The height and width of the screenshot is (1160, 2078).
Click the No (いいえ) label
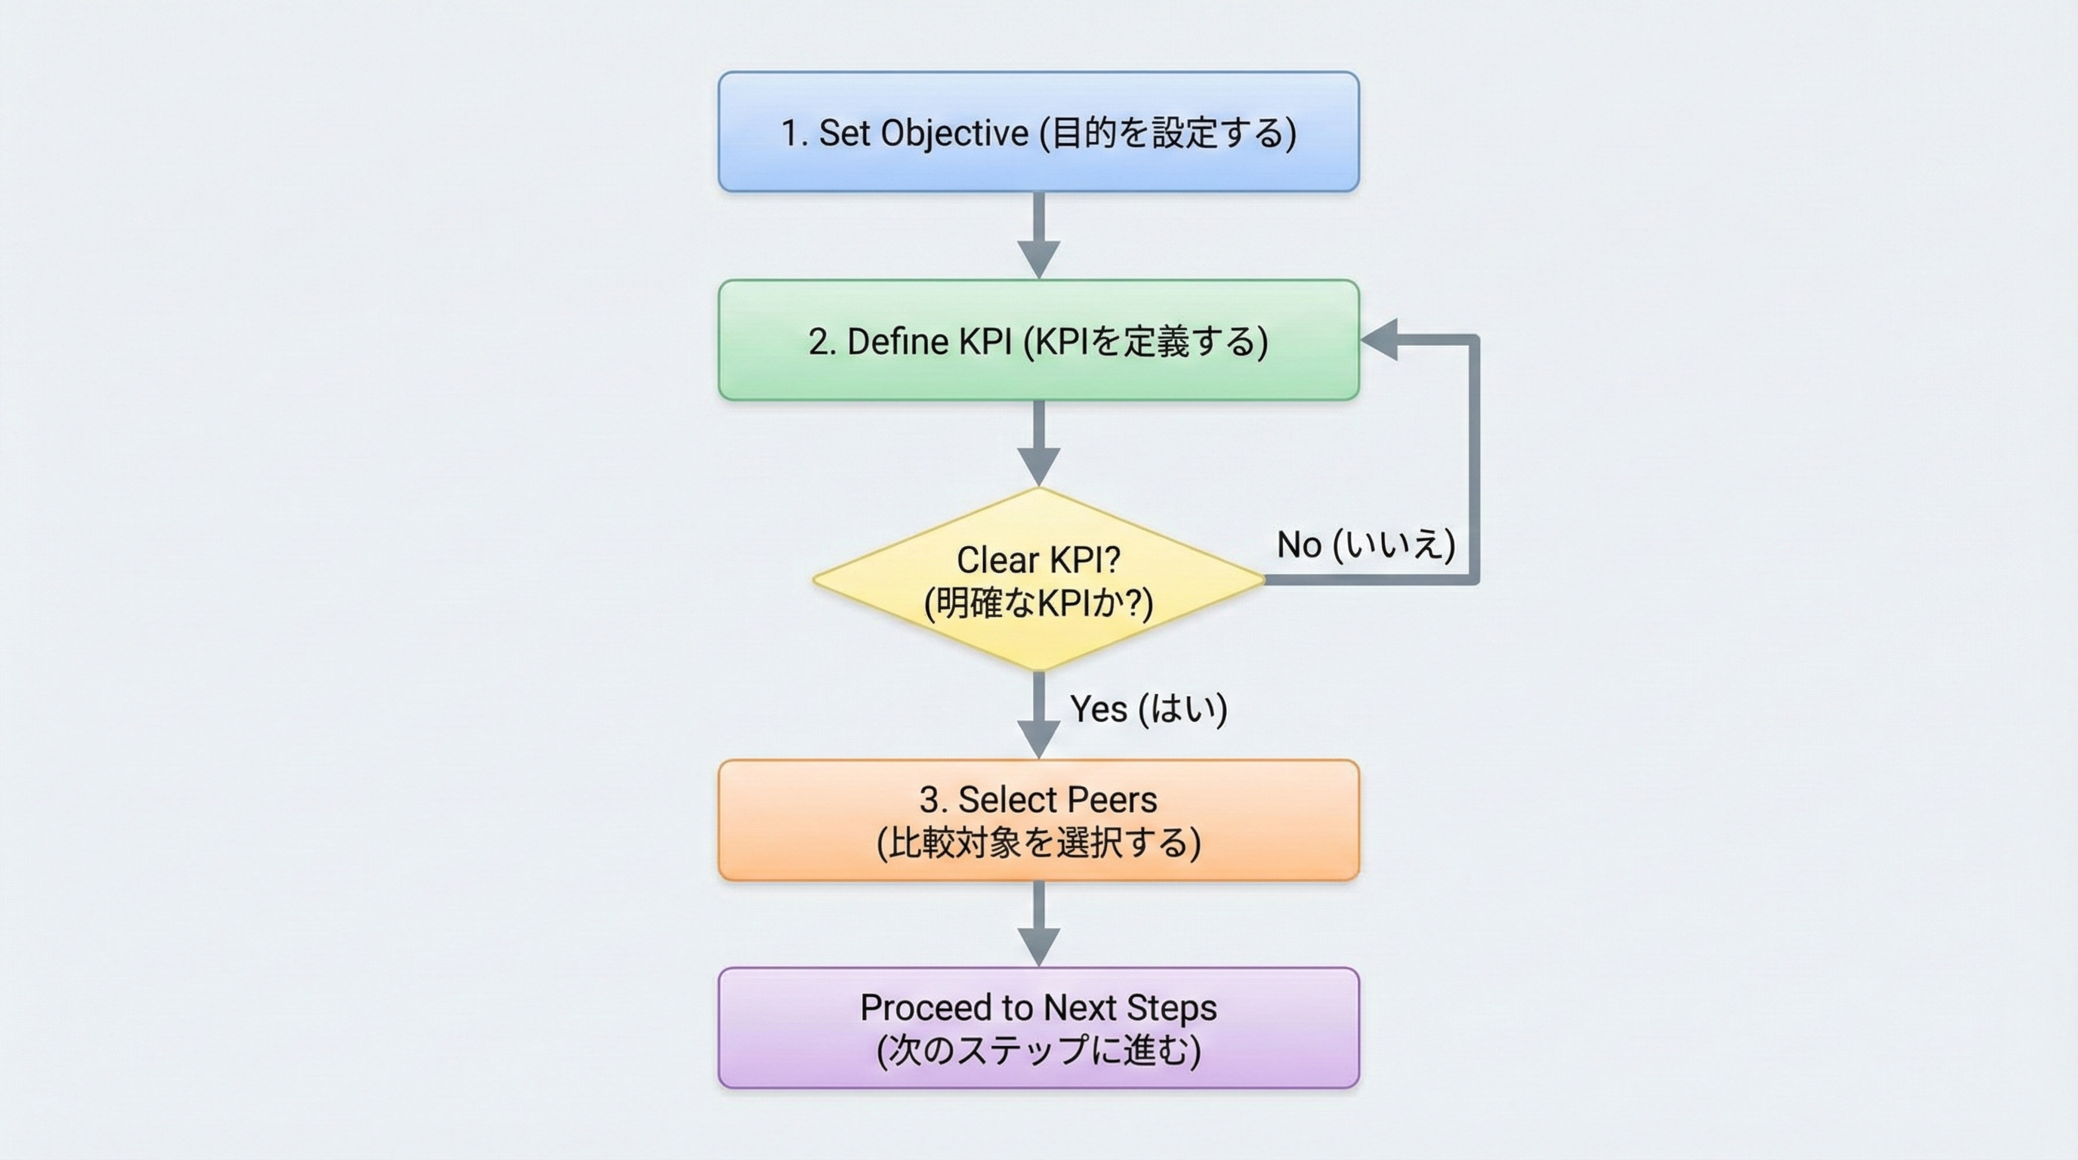tap(1366, 545)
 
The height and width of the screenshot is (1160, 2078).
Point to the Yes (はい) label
tap(1148, 708)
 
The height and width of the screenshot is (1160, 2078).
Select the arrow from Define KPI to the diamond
tap(1038, 443)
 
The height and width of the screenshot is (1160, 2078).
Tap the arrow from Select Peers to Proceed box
tap(1038, 924)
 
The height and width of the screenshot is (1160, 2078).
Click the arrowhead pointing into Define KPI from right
tap(1380, 340)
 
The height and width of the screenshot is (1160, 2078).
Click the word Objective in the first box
tap(954, 133)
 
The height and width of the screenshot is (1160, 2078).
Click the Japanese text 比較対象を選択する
tap(1038, 843)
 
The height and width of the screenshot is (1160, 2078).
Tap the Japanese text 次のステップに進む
tap(1038, 1050)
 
